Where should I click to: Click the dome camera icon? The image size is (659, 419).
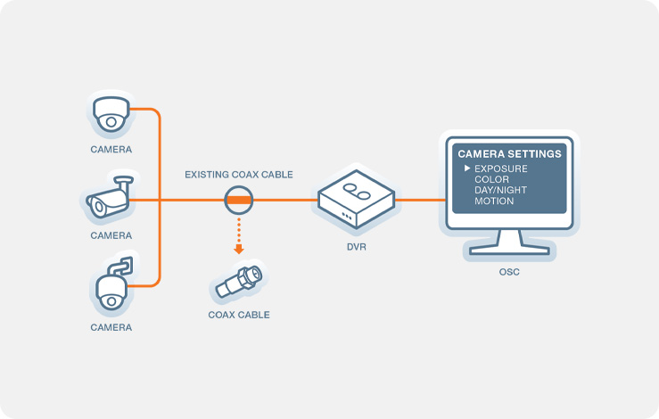pos(111,114)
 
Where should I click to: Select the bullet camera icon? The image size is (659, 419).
pos(110,197)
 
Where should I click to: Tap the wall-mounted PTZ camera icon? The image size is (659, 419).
pos(112,283)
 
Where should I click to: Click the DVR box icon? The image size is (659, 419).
pos(356,199)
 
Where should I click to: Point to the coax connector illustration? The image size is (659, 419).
pos(239,282)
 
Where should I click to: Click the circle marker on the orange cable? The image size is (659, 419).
pos(239,200)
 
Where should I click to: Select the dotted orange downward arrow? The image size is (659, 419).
pos(239,235)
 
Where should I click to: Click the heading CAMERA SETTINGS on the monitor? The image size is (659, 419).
pos(509,154)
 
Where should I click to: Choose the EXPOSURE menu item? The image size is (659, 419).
pos(501,168)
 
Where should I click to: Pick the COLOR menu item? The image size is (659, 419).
pos(491,179)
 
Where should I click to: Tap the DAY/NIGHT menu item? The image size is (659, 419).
pos(500,190)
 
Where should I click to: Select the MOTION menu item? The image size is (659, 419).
pos(494,201)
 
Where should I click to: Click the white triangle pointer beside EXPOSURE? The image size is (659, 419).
pos(467,168)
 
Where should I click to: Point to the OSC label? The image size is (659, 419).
pos(509,272)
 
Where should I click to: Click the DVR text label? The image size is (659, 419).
pos(357,247)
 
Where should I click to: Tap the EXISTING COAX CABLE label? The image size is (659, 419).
pos(239,175)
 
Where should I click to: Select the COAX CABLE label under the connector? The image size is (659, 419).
pos(239,315)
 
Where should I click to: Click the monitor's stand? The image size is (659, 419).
pos(509,243)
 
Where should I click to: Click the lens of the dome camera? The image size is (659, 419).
pos(111,122)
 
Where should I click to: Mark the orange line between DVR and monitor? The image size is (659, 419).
pos(420,200)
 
